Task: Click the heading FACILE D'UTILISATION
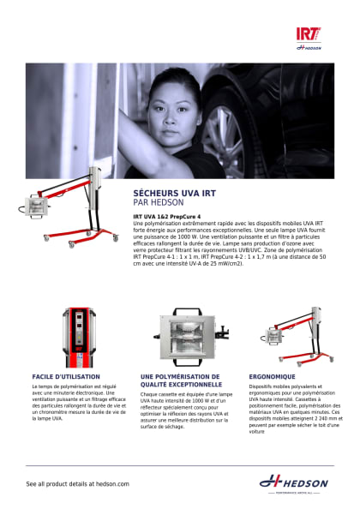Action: (x=66, y=376)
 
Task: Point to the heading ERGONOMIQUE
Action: (x=272, y=376)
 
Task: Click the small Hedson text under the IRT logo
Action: (x=308, y=48)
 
